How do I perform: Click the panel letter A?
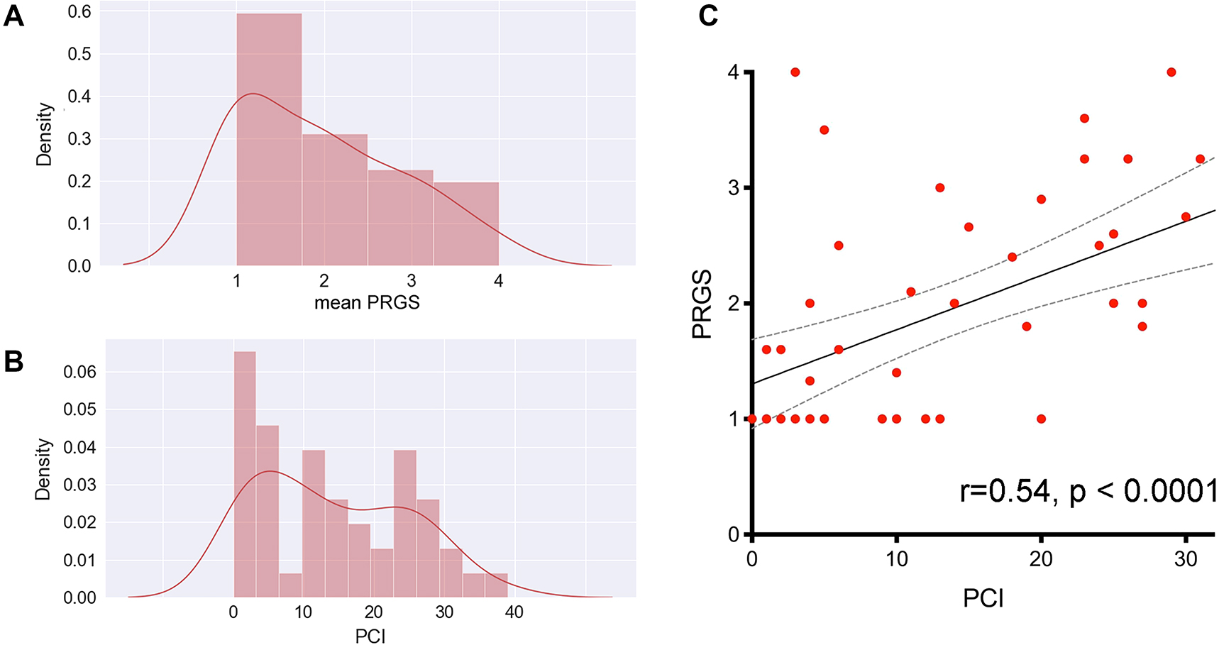[x=13, y=16]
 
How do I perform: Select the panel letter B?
[x=13, y=361]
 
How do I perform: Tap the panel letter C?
[x=707, y=16]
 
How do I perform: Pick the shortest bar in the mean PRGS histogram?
[x=465, y=224]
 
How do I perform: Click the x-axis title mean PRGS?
[x=367, y=303]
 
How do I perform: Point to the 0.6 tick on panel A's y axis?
[x=79, y=12]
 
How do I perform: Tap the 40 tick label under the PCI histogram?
[x=514, y=612]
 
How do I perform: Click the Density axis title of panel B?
[x=44, y=469]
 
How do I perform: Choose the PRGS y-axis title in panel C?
[x=702, y=304]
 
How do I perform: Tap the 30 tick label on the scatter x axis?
[x=1186, y=559]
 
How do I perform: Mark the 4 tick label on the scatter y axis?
[x=733, y=72]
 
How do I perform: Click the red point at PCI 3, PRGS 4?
[x=795, y=72]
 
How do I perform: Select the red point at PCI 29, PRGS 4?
[x=1171, y=72]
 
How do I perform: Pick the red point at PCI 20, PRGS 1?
[x=1041, y=419]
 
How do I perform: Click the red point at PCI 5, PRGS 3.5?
[x=824, y=130]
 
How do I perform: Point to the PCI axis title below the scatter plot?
[x=983, y=599]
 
